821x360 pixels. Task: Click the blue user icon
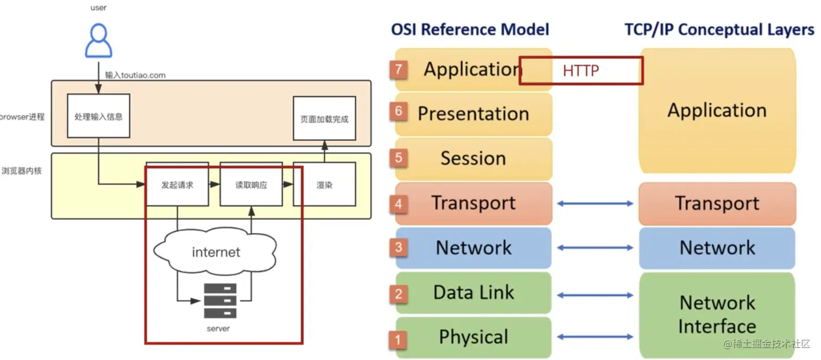[98, 41]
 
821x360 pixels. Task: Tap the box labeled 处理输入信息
[98, 117]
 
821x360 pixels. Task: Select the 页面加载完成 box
[324, 118]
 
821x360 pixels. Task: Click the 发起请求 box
[177, 185]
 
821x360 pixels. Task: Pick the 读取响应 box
[251, 185]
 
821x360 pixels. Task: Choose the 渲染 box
[324, 185]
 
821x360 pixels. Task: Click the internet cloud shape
[216, 252]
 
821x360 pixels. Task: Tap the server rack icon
[220, 300]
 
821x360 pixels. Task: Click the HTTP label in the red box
[580, 71]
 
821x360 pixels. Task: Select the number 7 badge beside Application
[399, 70]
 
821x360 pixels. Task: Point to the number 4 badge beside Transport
[399, 204]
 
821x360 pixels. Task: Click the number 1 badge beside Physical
[399, 339]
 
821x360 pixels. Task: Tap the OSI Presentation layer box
[473, 113]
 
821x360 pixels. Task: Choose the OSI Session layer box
[473, 159]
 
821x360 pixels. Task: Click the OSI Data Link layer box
[473, 293]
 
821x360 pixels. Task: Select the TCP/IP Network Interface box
[717, 314]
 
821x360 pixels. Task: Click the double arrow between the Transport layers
[595, 204]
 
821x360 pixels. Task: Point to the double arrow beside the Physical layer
[595, 337]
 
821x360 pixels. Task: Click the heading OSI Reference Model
[470, 29]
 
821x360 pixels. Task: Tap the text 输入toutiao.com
[135, 75]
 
